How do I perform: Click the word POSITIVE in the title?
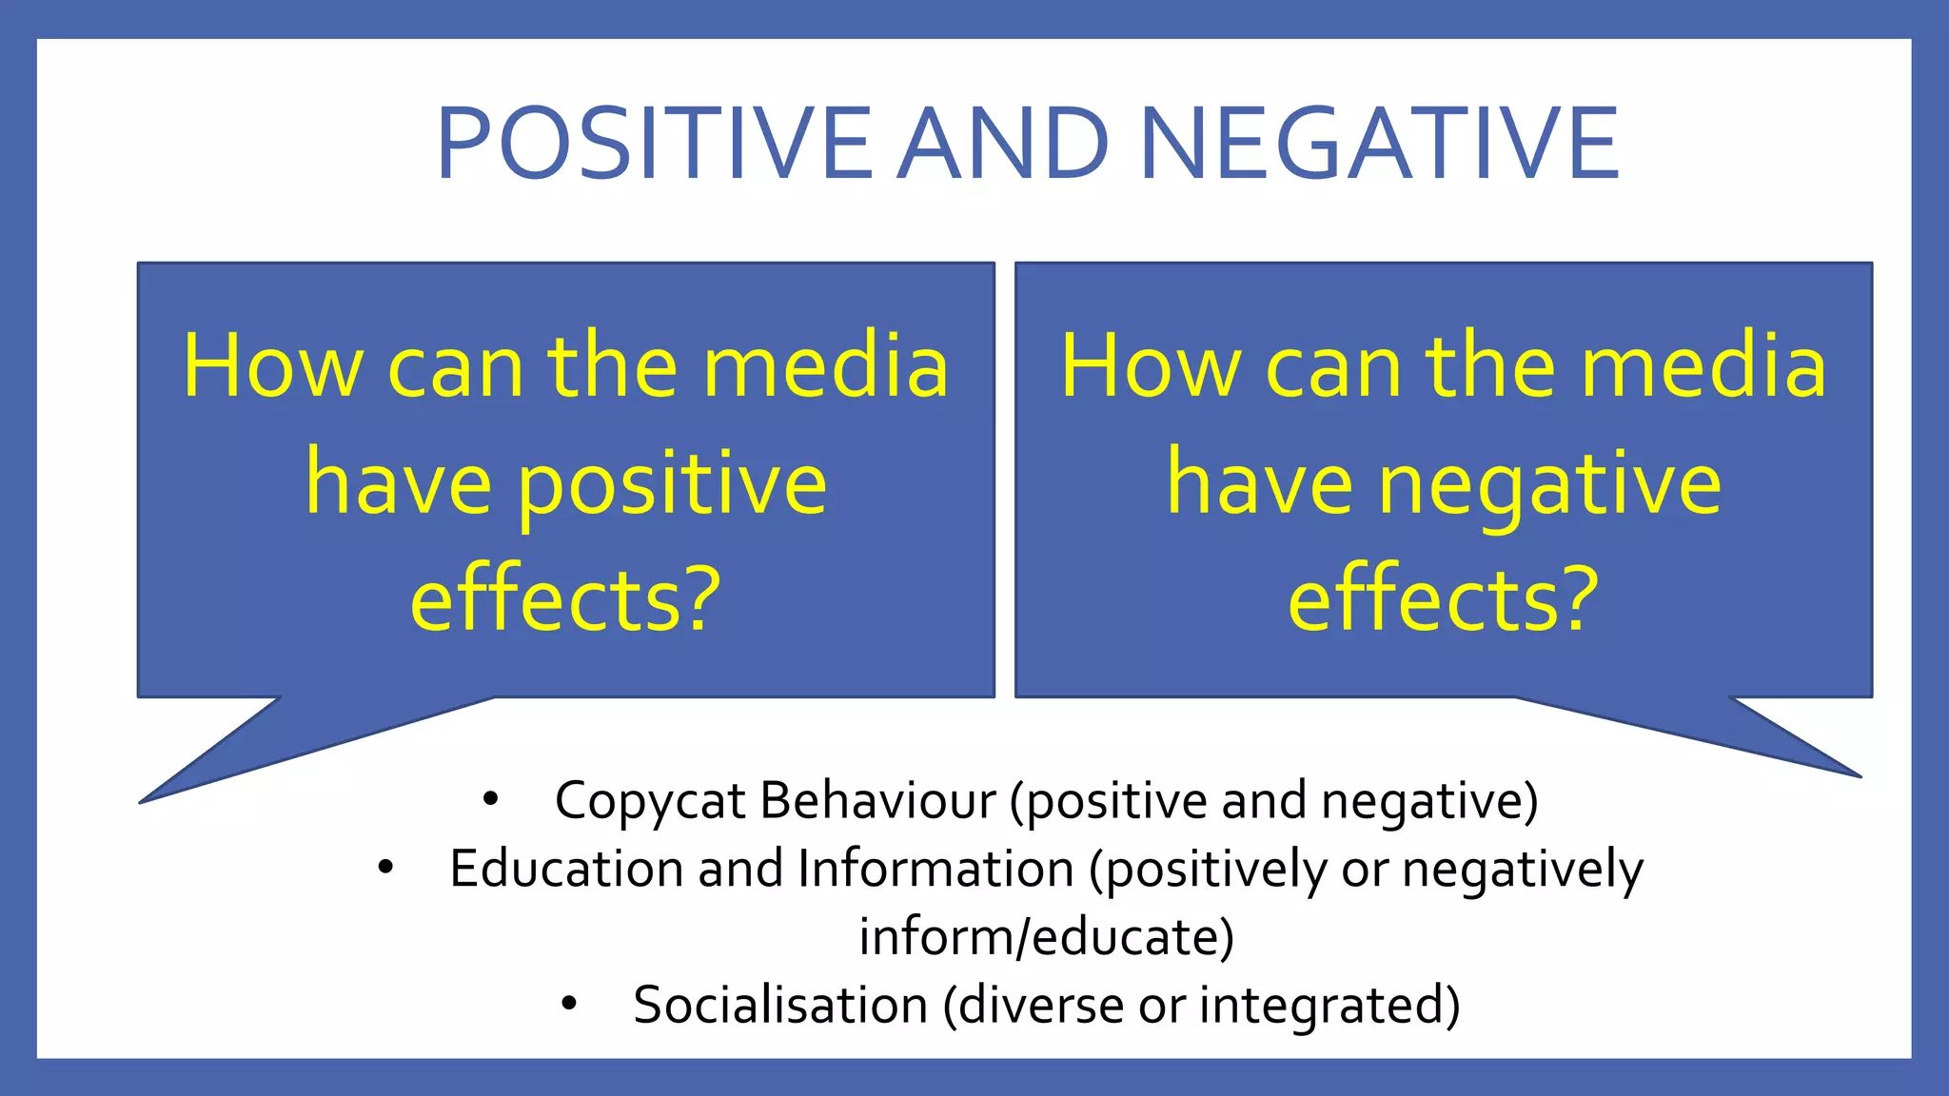coord(654,144)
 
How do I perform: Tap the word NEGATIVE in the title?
coord(1379,144)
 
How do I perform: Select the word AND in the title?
coord(1004,144)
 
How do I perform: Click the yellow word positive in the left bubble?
coord(672,485)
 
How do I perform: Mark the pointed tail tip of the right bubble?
coord(1859,776)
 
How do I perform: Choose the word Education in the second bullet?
coord(565,869)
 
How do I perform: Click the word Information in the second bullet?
coord(935,869)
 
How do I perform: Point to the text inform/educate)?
coord(1046,937)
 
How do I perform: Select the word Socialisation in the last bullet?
coord(780,1005)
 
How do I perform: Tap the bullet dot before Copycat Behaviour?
coord(490,799)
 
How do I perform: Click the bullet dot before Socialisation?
coord(569,1004)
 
